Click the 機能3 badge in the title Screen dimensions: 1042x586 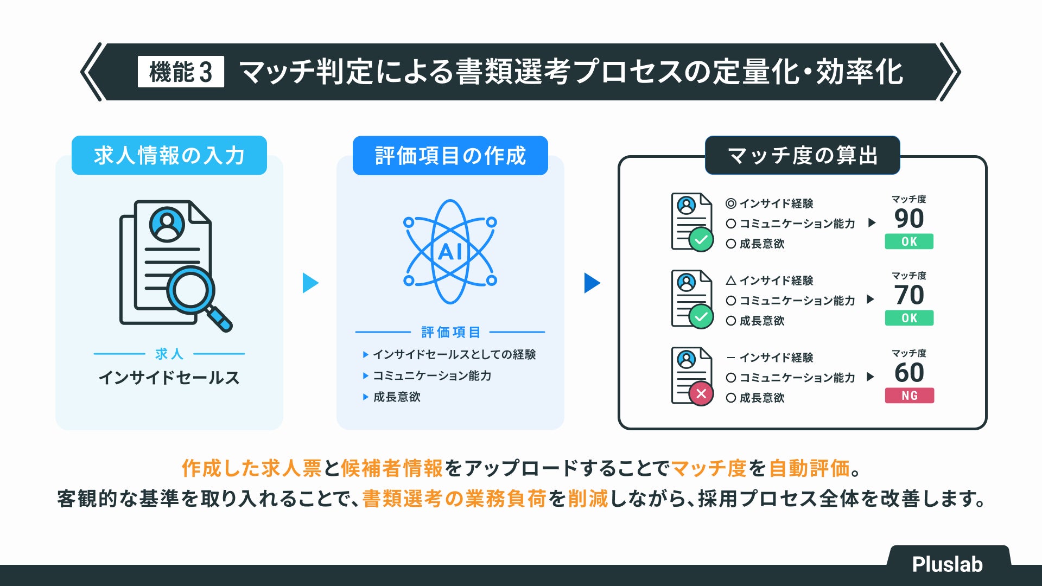pos(181,72)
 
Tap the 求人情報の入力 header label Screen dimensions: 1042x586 pos(169,156)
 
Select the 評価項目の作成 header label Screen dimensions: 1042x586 pos(450,156)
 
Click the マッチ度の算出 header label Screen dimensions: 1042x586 pos(802,156)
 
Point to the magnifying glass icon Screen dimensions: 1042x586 pos(195,296)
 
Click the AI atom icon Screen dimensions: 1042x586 pos(450,251)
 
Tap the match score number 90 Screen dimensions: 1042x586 pos(909,219)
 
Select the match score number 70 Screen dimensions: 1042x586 pos(909,295)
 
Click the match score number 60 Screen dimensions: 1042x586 pos(909,373)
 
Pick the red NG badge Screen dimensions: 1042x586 pos(909,396)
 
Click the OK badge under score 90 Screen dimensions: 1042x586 pos(909,241)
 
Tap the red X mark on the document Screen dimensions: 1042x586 pos(701,393)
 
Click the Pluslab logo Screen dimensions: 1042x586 pos(947,564)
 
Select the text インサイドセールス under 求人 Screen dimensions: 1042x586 pos(169,378)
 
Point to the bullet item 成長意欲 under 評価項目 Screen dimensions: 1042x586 pos(397,397)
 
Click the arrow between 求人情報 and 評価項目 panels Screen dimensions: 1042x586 pos(310,283)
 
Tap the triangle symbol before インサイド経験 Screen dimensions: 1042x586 pos(731,281)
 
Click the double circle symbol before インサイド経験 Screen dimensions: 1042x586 pos(731,203)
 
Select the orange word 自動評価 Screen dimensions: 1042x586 pos(809,468)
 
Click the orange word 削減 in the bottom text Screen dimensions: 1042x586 pos(588,499)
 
